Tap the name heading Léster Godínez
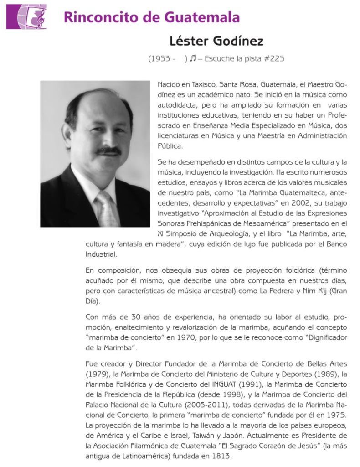coord(216,41)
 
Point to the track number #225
coord(275,58)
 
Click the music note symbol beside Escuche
coord(193,58)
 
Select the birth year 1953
coord(159,58)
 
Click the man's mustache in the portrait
coord(108,150)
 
